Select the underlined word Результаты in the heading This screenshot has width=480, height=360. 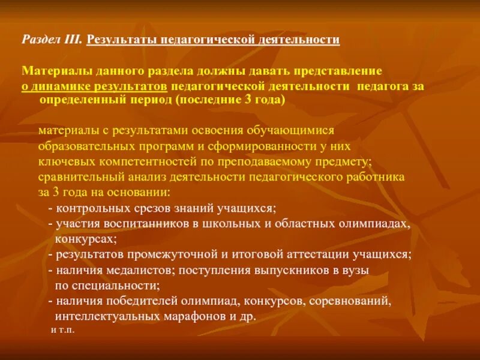coord(118,40)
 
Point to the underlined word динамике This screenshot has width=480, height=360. coord(61,86)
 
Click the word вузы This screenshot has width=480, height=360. coord(356,270)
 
